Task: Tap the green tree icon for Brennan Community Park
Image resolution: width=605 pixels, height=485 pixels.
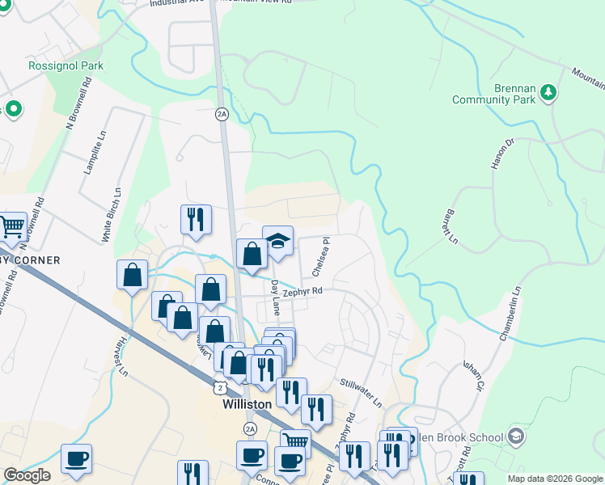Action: pos(549,93)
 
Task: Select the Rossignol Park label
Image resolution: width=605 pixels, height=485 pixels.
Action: pos(66,65)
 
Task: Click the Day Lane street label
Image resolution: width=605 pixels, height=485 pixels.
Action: pos(276,298)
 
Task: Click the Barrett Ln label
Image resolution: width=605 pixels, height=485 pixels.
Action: pos(451,228)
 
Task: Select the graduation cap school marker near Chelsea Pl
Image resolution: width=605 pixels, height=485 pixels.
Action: pos(277,241)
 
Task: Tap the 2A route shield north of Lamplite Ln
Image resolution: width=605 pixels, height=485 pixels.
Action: pos(222,114)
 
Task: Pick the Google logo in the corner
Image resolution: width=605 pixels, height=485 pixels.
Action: pos(27,475)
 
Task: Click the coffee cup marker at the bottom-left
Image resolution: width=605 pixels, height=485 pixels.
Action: pos(76,458)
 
